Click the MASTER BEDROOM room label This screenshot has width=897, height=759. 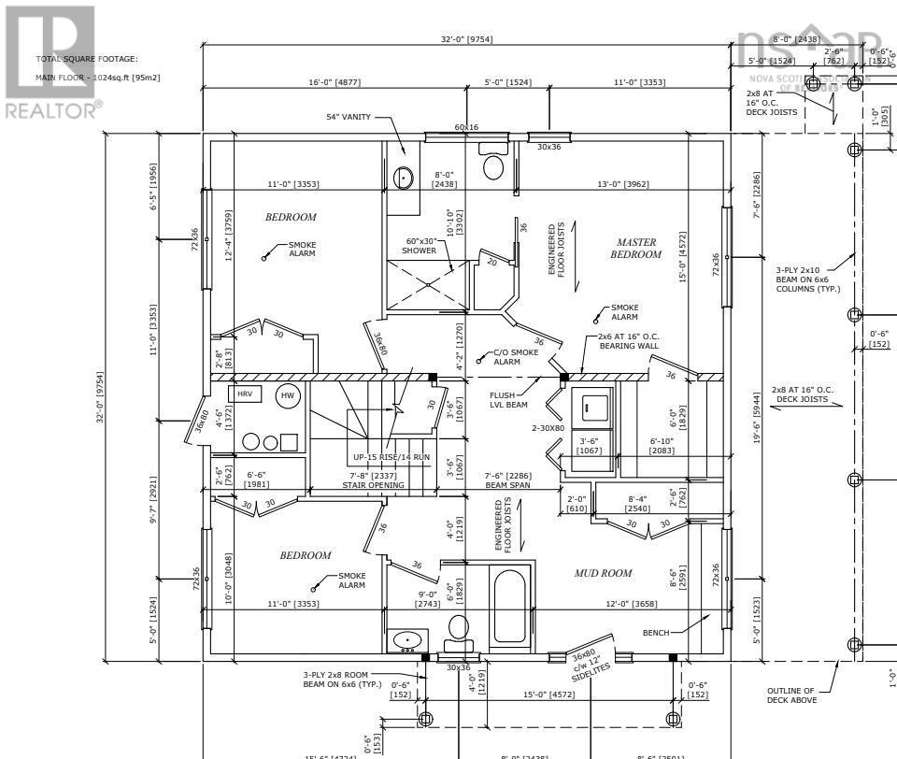[x=635, y=248]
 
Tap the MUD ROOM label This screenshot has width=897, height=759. [x=603, y=573]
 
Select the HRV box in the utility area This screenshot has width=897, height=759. [x=245, y=394]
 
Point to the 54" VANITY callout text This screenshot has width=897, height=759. [x=345, y=117]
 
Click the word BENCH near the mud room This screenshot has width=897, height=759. [x=656, y=633]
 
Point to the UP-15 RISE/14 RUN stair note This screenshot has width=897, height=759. [x=392, y=457]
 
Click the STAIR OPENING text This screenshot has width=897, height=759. [x=373, y=485]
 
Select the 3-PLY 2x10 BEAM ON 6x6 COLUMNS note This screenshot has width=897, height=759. [x=808, y=279]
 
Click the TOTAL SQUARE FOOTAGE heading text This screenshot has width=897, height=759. [x=86, y=59]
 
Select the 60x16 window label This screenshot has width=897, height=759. [x=466, y=127]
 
